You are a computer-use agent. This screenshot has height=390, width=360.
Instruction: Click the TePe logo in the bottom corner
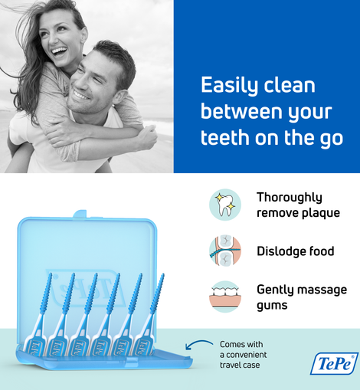point(335,364)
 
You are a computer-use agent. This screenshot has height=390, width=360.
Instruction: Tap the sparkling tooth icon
point(225,205)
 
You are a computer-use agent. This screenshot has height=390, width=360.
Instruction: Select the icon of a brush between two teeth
point(225,251)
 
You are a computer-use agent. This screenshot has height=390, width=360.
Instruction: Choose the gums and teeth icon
point(225,297)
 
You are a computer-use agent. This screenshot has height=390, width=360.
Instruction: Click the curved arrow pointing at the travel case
point(198,343)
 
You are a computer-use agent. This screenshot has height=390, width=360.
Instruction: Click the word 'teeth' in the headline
point(224,138)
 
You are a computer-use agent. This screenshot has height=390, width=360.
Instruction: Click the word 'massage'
point(322,290)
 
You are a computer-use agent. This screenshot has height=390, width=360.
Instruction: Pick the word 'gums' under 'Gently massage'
point(272,306)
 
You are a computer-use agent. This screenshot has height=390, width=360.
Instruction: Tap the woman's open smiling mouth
point(60,51)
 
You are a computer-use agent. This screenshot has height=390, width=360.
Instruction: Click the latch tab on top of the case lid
point(80,214)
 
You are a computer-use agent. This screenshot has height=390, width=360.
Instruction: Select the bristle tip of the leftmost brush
point(50,275)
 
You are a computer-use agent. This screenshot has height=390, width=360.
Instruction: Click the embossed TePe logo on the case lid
point(84,288)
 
